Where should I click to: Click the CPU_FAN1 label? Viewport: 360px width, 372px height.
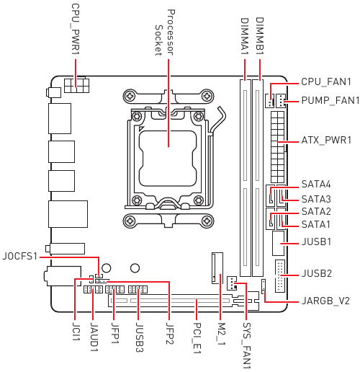[x=326, y=82]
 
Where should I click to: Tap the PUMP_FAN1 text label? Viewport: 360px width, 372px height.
[x=330, y=100]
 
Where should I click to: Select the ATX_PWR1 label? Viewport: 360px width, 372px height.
[x=326, y=140]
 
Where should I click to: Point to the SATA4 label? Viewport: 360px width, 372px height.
[x=316, y=185]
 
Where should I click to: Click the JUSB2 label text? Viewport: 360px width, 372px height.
[x=316, y=273]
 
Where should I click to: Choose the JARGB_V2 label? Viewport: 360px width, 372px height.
[x=325, y=301]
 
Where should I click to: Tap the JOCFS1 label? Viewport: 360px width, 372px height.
[x=20, y=257]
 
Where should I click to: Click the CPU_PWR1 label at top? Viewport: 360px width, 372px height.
[x=76, y=29]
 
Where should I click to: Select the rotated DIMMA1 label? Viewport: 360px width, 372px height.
[x=245, y=36]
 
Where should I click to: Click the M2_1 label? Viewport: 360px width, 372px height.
[x=221, y=335]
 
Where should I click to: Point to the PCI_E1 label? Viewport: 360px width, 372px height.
[x=197, y=338]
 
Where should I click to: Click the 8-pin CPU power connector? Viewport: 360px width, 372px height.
[x=76, y=85]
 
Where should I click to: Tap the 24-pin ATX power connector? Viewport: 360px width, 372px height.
[x=278, y=147]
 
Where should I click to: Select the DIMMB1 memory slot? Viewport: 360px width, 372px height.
[x=258, y=178]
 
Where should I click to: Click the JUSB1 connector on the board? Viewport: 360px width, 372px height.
[x=278, y=244]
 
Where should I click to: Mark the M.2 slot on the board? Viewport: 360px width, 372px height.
[x=217, y=268]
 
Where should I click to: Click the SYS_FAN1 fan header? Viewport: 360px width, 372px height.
[x=232, y=283]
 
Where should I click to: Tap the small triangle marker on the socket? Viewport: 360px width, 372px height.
[x=141, y=128]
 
